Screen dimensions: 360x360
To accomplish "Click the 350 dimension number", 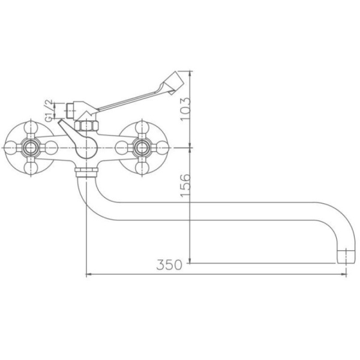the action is pyautogui.click(x=169, y=265).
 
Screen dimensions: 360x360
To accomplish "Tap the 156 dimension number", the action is pyautogui.click(x=185, y=185).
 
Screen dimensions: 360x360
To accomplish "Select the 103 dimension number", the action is pyautogui.click(x=185, y=109).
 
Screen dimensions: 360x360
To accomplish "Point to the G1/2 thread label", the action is pyautogui.click(x=49, y=110).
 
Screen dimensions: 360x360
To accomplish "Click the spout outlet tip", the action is pyautogui.click(x=346, y=257).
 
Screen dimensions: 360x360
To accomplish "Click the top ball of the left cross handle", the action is pyautogui.click(x=31, y=128).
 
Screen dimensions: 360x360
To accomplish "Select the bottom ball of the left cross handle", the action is pyautogui.click(x=31, y=168).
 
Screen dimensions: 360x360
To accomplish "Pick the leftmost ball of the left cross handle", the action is pyautogui.click(x=11, y=148).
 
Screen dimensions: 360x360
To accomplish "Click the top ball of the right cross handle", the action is pyautogui.click(x=142, y=128).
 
